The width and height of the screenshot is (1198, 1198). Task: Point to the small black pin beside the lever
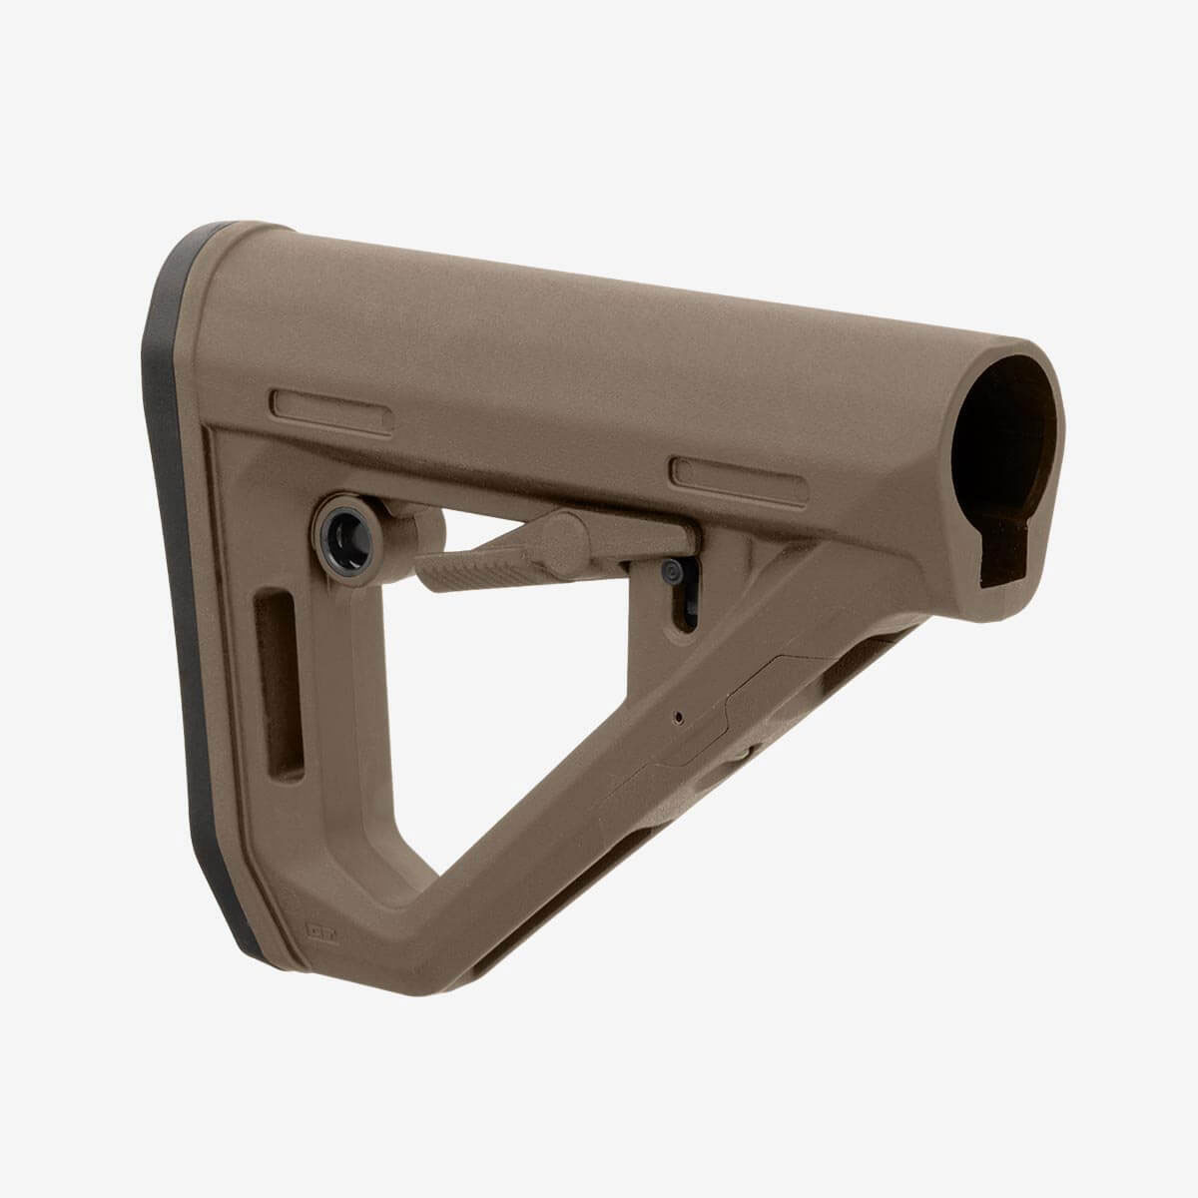(674, 571)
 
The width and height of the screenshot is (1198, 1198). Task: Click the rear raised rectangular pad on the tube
(317, 412)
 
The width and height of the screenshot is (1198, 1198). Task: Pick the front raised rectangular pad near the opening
(739, 474)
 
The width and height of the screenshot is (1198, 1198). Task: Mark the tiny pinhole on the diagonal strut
(678, 716)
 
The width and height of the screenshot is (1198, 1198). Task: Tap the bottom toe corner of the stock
(419, 998)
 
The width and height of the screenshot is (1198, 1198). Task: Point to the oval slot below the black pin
(684, 609)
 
